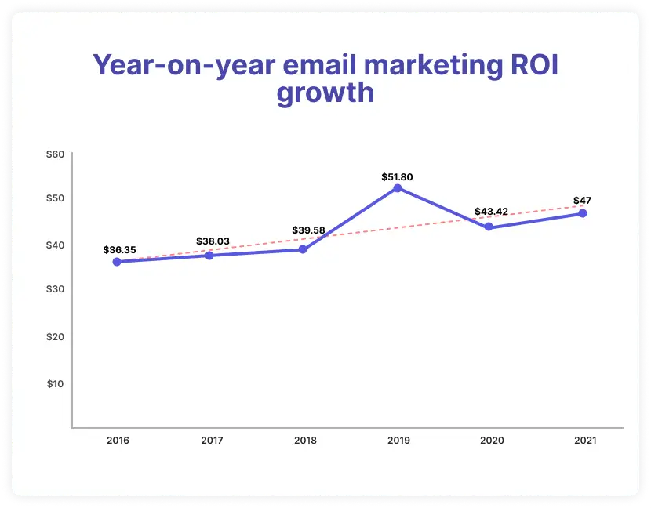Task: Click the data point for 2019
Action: tap(398, 188)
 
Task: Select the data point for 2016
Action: tap(117, 262)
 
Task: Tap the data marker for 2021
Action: tap(583, 213)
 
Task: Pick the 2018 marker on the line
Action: tap(303, 249)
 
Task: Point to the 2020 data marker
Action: tap(489, 227)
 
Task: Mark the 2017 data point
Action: tap(209, 256)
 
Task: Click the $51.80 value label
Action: tap(397, 177)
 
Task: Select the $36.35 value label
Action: tap(119, 250)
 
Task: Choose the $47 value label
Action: tap(583, 200)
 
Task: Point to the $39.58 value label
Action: tap(305, 230)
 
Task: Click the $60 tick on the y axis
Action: tap(55, 154)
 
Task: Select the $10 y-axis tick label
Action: tap(55, 383)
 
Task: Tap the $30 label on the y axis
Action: tap(55, 289)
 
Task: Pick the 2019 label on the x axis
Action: tap(398, 441)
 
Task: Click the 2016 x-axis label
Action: tap(118, 441)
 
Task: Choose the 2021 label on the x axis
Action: tap(584, 441)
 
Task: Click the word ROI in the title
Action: tap(530, 65)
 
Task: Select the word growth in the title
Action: tap(325, 93)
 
